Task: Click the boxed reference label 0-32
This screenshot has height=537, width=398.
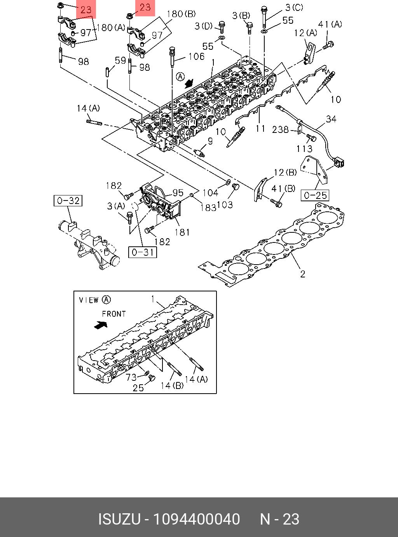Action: [x=68, y=201]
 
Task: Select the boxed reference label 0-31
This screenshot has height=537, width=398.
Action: [x=143, y=252]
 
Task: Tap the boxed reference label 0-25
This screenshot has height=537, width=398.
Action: [x=315, y=195]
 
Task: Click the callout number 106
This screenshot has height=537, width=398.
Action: [x=196, y=57]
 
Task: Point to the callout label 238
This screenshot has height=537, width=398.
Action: [x=280, y=129]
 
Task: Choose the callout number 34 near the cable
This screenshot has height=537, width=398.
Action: [x=331, y=119]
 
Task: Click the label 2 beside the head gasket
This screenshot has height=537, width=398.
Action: [x=303, y=274]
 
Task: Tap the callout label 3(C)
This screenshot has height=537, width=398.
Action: [x=294, y=7]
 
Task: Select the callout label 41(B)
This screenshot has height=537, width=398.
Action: [x=283, y=189]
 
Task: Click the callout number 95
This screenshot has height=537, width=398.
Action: [x=178, y=193]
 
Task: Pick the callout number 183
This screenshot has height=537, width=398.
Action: [x=208, y=208]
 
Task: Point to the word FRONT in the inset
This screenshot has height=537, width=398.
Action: [x=114, y=314]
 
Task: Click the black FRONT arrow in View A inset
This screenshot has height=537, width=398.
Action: [x=101, y=324]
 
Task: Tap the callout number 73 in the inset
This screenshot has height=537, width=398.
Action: [x=131, y=377]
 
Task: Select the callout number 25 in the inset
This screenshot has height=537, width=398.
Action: [x=138, y=388]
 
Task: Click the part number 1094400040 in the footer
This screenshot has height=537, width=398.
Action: [x=196, y=519]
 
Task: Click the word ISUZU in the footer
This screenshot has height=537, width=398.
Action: [x=119, y=519]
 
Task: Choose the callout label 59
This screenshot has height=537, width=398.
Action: [x=120, y=61]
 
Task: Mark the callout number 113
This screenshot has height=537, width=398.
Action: [x=304, y=148]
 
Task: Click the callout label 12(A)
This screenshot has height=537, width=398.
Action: [x=305, y=33]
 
